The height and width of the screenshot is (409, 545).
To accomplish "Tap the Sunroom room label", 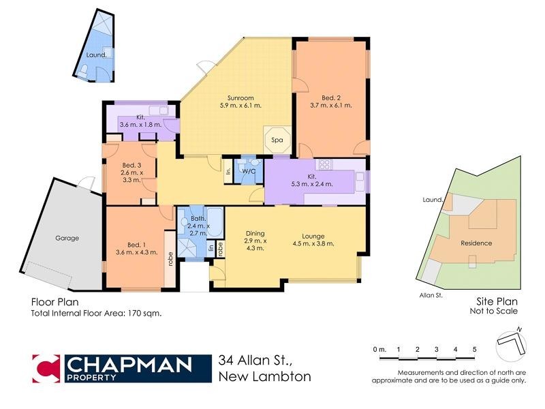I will click(x=240, y=102).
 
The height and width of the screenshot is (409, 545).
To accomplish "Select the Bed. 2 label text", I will click(x=330, y=102).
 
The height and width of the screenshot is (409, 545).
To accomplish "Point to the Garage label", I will click(x=67, y=239).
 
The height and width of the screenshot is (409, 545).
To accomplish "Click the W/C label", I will click(x=248, y=172).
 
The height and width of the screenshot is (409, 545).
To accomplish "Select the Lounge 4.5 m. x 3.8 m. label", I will click(x=313, y=241).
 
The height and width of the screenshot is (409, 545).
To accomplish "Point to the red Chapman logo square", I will click(x=46, y=367).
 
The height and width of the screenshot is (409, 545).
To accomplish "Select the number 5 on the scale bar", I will click(x=474, y=350).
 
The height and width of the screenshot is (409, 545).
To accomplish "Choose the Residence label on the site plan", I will click(x=476, y=243).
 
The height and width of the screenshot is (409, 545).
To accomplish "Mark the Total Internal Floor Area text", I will click(x=96, y=314).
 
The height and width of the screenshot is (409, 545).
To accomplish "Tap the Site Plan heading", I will click(x=495, y=301).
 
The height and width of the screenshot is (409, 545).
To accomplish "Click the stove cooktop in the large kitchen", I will click(x=324, y=164).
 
